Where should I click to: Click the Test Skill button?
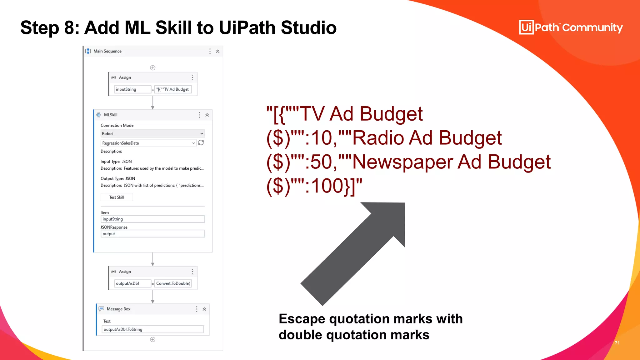[117, 197]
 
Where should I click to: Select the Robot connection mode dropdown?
[152, 133]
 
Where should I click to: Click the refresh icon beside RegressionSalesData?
[201, 143]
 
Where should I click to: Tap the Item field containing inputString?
[152, 219]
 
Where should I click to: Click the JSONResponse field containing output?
[152, 234]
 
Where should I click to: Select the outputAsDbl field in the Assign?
[132, 283]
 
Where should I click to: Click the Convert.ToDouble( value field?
[173, 283]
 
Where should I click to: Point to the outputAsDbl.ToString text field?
[152, 329]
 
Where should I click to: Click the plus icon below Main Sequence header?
[153, 68]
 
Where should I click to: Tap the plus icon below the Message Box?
[153, 340]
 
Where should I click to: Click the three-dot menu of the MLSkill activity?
[199, 115]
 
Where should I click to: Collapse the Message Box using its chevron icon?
[204, 309]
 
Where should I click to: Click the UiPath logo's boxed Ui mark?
[526, 27]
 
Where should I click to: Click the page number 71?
[617, 343]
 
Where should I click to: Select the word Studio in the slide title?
[308, 27]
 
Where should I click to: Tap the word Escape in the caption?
[302, 319]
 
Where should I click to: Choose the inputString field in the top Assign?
[132, 89]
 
